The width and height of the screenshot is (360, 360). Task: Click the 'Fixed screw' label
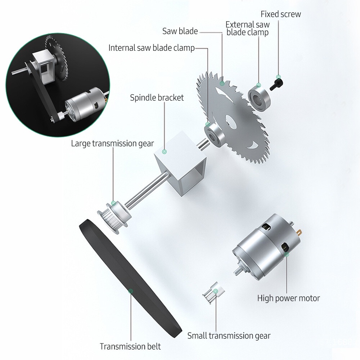[x=280, y=14]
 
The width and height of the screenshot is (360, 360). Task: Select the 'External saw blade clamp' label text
[x=248, y=28]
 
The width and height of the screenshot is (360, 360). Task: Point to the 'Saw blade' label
[x=180, y=31]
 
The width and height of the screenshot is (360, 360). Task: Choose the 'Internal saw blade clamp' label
[x=152, y=48]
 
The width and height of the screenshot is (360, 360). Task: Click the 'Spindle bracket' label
[x=157, y=98]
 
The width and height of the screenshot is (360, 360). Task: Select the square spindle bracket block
[x=180, y=164]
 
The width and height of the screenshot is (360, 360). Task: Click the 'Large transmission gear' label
[x=112, y=144]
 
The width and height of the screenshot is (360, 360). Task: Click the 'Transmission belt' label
[x=130, y=346]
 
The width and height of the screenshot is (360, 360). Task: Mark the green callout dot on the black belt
[x=131, y=291]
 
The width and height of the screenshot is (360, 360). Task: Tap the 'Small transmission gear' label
[x=229, y=336]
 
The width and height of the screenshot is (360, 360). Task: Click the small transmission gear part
[x=213, y=293]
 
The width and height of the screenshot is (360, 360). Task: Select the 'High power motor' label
[x=288, y=298]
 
